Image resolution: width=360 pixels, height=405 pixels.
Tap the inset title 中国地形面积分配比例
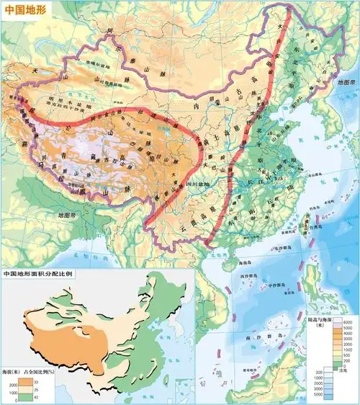tap(43, 275)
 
